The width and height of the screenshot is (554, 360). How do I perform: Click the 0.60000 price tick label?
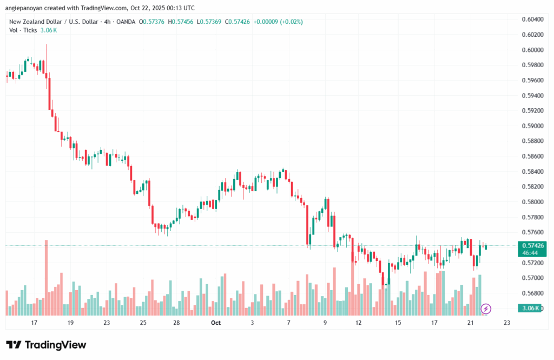[533, 50]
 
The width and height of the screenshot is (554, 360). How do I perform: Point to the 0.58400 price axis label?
[533, 172]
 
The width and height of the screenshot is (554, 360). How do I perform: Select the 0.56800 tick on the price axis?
[533, 293]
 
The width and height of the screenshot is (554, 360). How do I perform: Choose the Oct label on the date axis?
[216, 323]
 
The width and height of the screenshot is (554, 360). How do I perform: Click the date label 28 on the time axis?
[177, 323]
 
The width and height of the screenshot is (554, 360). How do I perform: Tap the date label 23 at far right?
[506, 323]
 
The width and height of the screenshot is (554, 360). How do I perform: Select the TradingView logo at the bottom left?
[46, 345]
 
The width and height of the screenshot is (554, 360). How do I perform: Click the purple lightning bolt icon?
[486, 309]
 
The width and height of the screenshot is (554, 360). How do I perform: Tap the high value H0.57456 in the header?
[184, 22]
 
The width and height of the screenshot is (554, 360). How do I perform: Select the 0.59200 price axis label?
[533, 110]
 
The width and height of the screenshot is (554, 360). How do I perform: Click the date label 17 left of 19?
[34, 323]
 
